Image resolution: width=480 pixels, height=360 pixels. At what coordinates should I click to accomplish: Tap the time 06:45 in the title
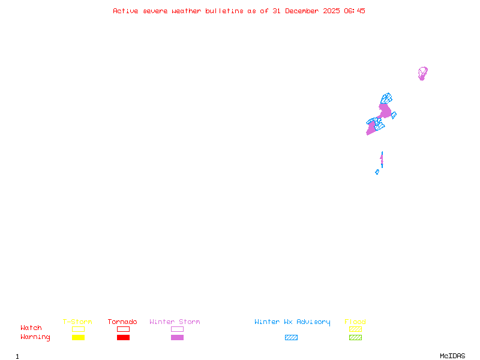[x=354, y=11]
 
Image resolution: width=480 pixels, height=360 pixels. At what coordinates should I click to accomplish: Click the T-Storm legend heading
[x=77, y=322]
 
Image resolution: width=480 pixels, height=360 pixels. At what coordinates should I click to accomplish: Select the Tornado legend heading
[x=122, y=322]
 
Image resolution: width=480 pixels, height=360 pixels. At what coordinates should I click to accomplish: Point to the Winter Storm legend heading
[x=175, y=322]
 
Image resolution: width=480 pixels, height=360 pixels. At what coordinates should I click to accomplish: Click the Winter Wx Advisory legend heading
[x=292, y=322]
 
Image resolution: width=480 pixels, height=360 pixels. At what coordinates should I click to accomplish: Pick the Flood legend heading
[x=355, y=322]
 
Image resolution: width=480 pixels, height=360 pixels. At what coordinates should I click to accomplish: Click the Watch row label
[x=31, y=328]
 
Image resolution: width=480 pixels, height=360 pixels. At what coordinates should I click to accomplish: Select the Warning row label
[x=35, y=337]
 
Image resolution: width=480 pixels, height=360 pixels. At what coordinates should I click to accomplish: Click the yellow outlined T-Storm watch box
[x=78, y=329]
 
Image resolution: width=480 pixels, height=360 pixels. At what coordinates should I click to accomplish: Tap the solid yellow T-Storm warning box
[x=78, y=337]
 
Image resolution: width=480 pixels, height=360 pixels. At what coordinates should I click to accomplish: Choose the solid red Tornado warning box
[x=123, y=337]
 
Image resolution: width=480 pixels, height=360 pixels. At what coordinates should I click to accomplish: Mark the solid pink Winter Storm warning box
[x=177, y=337]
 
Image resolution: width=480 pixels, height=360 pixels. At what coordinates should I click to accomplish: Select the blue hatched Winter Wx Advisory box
[x=291, y=337]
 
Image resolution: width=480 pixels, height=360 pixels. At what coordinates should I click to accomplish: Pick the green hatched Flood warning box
[x=355, y=337]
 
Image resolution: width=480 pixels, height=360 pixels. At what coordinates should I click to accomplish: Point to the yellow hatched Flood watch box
[x=355, y=329]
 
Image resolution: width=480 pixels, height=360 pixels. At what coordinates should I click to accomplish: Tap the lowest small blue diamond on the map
[x=377, y=172]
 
